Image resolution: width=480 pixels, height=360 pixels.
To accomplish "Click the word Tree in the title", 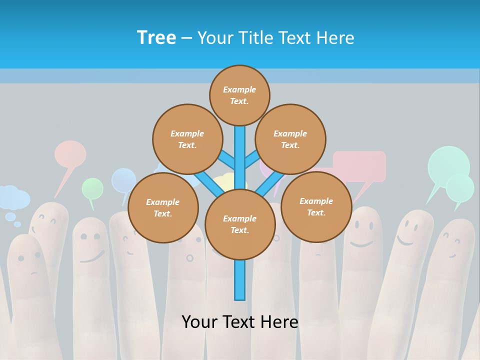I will pos(156,38).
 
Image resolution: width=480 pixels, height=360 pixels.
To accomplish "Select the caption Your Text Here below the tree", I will pos(240,322).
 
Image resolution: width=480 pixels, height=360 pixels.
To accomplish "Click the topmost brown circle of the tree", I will pos(239,95).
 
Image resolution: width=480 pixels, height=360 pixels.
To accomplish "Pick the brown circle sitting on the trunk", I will pos(240,224).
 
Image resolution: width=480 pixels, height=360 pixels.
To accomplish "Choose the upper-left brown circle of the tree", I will pos(187,139).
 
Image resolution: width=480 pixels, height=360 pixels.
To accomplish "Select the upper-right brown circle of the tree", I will pos(290,139).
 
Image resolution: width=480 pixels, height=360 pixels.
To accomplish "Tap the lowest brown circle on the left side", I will pos(163,208).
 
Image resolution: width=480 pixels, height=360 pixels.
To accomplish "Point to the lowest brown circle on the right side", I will pos(316,207).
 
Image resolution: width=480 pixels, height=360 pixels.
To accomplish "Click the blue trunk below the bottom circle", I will pos(240,280).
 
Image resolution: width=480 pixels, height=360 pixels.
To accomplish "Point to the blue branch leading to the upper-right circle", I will pos(252,160).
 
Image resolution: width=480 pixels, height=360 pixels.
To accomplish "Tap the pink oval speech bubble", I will pos(70,153).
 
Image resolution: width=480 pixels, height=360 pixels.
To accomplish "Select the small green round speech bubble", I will pos(92,188).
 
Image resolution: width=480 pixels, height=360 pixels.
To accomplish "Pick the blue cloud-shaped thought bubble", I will pos(13,197).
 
